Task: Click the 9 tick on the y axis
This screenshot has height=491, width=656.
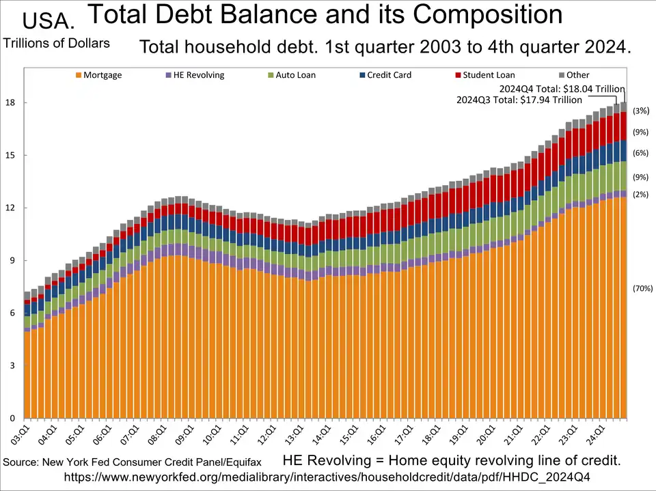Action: point(12,260)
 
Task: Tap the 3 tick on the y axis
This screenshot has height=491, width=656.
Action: point(12,365)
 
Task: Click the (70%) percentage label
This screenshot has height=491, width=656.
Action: point(643,288)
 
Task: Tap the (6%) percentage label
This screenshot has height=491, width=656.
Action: point(640,153)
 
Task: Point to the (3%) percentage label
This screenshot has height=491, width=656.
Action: point(640,111)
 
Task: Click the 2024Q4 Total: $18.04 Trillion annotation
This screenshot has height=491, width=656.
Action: point(562,89)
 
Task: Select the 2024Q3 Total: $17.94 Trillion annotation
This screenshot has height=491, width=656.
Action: point(519,100)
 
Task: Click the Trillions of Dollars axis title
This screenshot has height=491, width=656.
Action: point(57,43)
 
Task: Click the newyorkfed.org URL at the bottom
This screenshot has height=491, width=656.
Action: point(327,476)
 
